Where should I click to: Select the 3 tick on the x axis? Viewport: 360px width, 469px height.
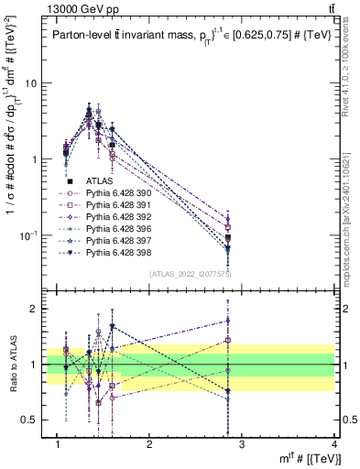point(241,444)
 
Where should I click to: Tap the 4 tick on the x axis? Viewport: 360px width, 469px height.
point(333,444)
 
